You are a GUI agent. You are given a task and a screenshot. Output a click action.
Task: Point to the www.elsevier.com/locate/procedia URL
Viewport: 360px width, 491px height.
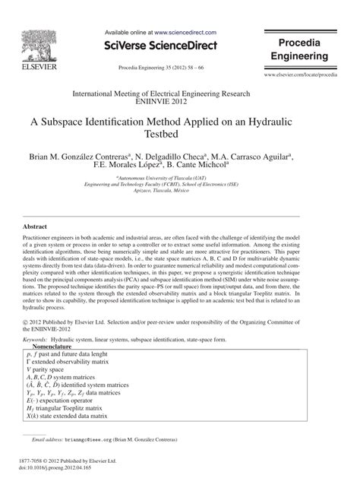point(300,77)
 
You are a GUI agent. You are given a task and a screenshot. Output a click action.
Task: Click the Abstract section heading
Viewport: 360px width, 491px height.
point(36,226)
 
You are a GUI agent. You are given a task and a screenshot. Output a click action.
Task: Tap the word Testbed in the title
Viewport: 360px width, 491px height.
point(180,136)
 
